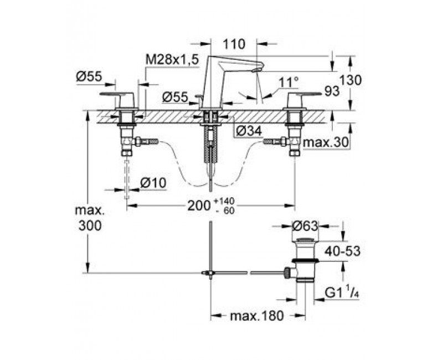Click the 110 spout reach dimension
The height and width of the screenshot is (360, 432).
point(234,44)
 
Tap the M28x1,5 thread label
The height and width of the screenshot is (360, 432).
point(172,59)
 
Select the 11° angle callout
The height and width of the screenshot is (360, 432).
point(289,83)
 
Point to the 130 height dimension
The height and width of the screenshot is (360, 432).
point(350,80)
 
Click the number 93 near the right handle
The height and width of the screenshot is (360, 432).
point(332,92)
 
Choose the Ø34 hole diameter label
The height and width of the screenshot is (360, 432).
point(249,131)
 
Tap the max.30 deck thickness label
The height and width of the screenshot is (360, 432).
point(326,143)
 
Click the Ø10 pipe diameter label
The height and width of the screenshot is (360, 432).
point(153,183)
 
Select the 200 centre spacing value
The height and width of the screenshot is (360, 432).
point(199,205)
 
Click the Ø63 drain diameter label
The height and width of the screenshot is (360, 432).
point(305,226)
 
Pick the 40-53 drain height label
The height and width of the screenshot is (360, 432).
point(342,251)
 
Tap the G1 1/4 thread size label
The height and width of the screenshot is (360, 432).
point(342,294)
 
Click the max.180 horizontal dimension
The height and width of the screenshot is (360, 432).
point(257,316)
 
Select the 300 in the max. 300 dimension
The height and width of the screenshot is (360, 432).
point(90,226)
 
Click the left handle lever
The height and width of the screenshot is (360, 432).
point(117,95)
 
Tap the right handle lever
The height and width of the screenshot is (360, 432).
point(304,95)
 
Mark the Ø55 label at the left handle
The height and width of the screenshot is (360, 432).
point(89,76)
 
